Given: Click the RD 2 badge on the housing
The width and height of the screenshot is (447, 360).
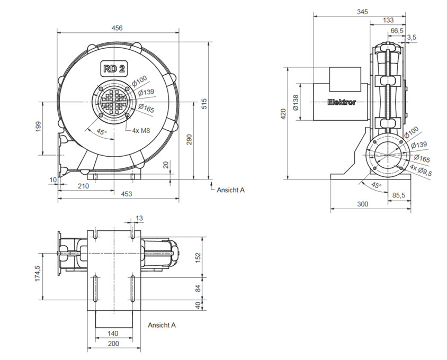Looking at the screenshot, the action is [114, 69].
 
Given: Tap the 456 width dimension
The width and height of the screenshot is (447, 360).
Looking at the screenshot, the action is [117, 28].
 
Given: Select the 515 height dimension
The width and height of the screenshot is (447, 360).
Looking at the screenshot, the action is [204, 104].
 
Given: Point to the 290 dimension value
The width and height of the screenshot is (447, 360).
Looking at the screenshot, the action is [190, 139].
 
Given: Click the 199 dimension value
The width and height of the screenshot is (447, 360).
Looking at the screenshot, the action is [39, 127].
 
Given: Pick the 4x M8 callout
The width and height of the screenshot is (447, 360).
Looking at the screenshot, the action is [141, 131].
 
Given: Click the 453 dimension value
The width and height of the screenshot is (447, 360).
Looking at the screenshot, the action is [127, 194].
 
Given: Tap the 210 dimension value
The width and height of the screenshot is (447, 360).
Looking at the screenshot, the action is [83, 186].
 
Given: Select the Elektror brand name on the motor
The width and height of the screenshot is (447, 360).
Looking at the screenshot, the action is [342, 102].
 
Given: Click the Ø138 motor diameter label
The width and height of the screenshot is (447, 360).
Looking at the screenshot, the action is [296, 102].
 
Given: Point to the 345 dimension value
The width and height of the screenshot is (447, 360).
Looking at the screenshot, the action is [363, 12].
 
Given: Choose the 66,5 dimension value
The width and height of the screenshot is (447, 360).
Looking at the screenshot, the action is [397, 31].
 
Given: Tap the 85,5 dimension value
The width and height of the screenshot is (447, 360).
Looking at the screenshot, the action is [399, 195].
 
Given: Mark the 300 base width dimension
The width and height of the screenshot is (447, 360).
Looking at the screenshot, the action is [363, 204].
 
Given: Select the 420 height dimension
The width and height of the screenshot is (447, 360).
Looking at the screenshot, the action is [283, 114].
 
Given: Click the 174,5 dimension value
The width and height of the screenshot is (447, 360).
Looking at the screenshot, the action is [38, 274].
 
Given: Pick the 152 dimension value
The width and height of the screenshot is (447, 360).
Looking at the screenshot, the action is [198, 257].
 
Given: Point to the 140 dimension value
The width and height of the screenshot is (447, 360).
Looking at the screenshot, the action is [113, 333].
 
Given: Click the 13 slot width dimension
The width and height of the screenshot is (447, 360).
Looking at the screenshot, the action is [139, 218].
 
